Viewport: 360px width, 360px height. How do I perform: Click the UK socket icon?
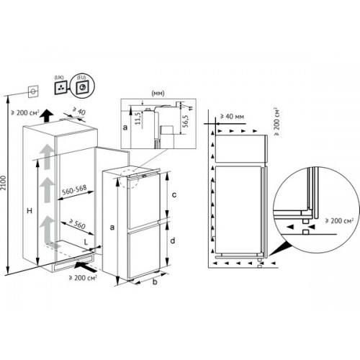tap(60, 87)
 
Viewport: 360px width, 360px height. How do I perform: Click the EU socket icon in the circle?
tap(82, 88)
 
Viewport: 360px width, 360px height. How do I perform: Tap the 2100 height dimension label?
tap(3, 183)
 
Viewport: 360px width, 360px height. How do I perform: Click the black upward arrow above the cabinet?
tap(46, 116)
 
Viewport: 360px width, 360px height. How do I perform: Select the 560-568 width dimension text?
tap(74, 189)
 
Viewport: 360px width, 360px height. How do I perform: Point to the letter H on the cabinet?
tap(30, 211)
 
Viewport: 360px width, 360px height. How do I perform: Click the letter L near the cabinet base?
tap(86, 242)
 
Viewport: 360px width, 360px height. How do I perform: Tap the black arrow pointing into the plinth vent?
tap(84, 266)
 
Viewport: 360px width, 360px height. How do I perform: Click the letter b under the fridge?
tap(155, 282)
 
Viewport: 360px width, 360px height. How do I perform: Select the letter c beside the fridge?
tap(174, 194)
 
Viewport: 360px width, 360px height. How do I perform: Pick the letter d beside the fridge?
tap(173, 240)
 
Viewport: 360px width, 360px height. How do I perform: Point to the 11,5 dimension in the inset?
tap(138, 119)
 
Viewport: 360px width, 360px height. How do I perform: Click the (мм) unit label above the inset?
tap(158, 93)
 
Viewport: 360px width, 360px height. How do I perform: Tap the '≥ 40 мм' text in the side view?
tap(232, 117)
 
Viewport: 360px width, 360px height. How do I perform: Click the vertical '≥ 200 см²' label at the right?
tap(276, 122)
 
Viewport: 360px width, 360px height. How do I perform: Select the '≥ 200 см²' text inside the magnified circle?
tap(339, 220)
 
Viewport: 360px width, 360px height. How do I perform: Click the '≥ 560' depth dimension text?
tap(77, 224)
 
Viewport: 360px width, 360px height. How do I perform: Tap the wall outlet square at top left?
tap(33, 91)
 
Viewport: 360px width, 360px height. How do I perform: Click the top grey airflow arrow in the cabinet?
tap(47, 157)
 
